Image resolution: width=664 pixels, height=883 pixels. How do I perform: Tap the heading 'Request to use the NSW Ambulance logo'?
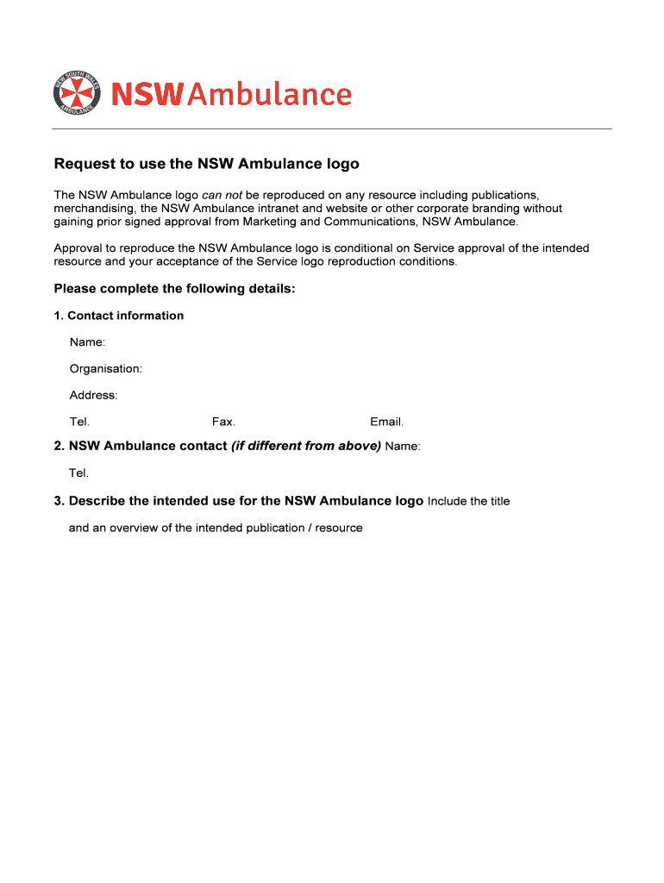tap(206, 164)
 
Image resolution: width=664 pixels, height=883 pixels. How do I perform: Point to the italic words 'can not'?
tap(222, 195)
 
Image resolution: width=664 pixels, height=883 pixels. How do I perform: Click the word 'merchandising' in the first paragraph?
tap(93, 209)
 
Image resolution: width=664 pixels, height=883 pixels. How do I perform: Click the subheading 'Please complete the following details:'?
tap(175, 289)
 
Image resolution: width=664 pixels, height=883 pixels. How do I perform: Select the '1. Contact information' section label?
tap(119, 316)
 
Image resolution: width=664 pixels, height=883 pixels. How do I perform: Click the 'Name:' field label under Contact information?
tap(87, 342)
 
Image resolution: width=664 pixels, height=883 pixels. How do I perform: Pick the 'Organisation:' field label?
tap(106, 369)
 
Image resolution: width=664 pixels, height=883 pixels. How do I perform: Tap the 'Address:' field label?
tap(93, 396)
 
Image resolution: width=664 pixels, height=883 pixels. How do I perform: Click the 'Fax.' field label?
tap(223, 423)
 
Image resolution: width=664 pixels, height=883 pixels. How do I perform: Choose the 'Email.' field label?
tap(386, 423)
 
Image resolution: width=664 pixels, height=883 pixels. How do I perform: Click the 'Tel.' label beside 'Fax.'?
tap(79, 423)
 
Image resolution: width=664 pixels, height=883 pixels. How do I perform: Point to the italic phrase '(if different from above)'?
tap(306, 446)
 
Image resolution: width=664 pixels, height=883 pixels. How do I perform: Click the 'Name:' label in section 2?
tap(403, 447)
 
